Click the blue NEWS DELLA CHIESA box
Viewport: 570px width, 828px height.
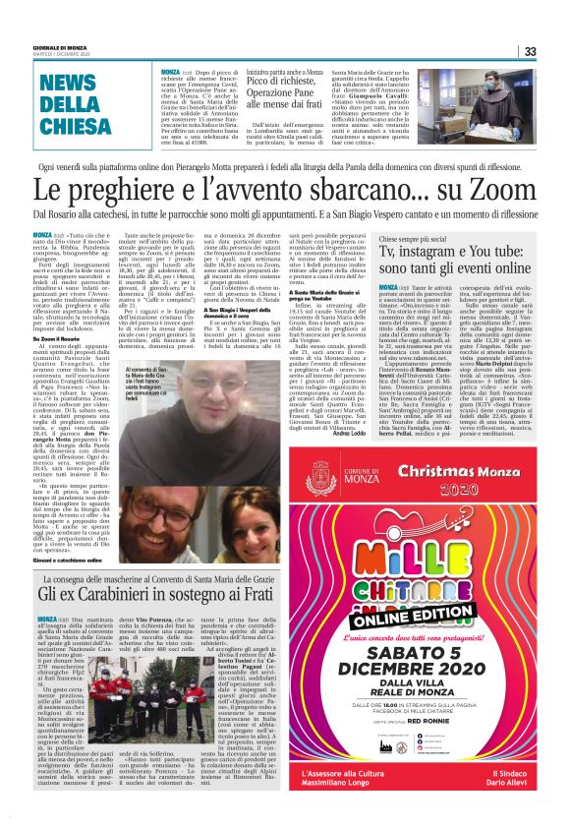81,103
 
